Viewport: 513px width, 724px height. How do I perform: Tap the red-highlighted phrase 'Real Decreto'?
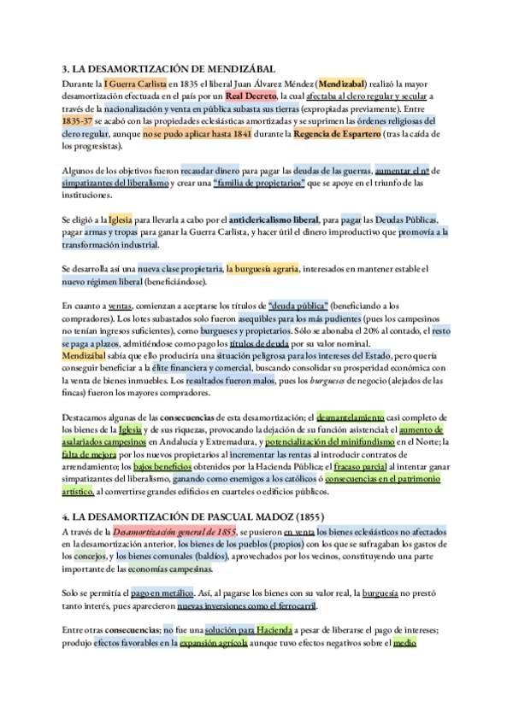[251, 96]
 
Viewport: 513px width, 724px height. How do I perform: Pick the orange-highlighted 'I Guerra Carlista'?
[134, 84]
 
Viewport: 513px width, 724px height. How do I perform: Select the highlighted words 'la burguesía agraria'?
[262, 269]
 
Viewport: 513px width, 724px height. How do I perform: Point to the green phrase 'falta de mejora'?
[88, 454]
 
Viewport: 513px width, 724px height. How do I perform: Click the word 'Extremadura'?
[247, 442]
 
